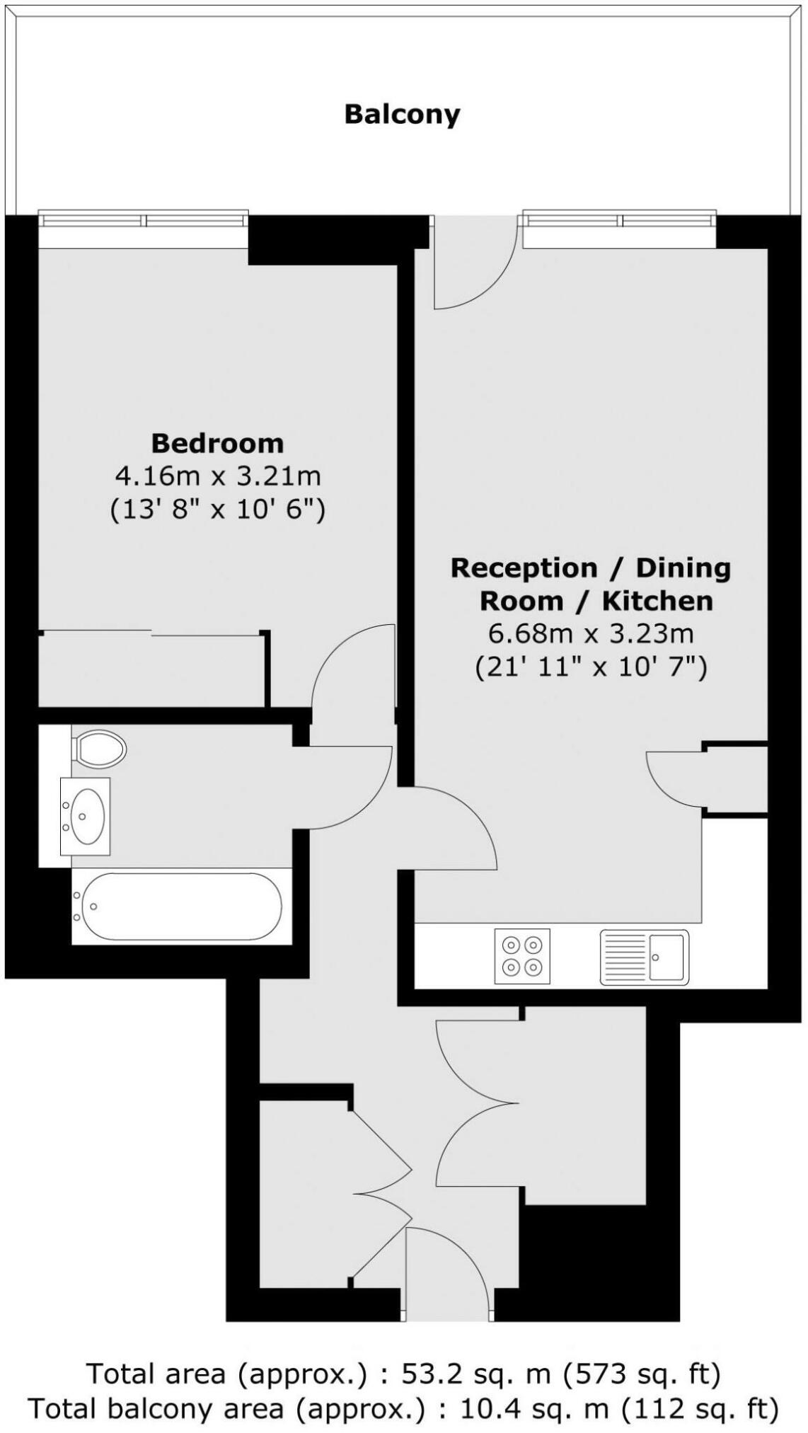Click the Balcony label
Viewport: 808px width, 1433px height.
[402, 114]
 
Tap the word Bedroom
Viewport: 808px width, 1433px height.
[217, 443]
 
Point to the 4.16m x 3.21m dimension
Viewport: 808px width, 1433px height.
[217, 476]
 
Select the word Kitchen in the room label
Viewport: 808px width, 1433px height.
[657, 601]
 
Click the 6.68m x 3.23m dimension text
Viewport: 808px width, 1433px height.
[591, 633]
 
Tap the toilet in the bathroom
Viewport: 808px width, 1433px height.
[100, 748]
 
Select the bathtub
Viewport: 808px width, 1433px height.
[181, 907]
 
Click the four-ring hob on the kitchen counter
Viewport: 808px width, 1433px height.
[522, 955]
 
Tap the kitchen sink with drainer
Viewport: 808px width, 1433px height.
[644, 957]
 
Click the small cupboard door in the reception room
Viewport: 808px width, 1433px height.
[676, 778]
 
